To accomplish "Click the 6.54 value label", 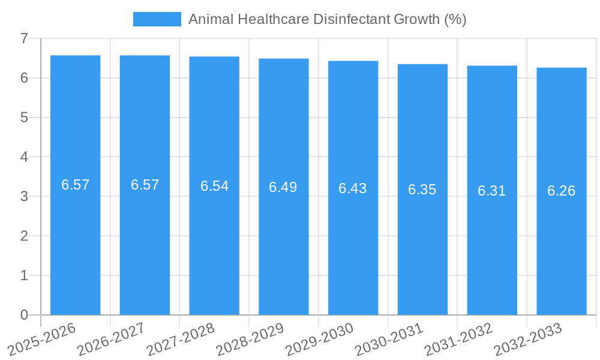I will pyautogui.click(x=214, y=186).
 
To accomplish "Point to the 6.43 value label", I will pyautogui.click(x=353, y=188).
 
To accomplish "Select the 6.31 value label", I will pyautogui.click(x=492, y=191).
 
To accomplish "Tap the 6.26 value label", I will pyautogui.click(x=562, y=191).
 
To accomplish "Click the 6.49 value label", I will pyautogui.click(x=283, y=187).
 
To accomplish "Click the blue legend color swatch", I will pyautogui.click(x=157, y=19).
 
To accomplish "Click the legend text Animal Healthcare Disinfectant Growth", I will pyautogui.click(x=328, y=19).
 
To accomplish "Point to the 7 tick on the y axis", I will pyautogui.click(x=24, y=38).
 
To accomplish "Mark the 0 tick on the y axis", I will pyautogui.click(x=24, y=315).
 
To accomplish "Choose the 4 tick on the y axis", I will pyautogui.click(x=24, y=157).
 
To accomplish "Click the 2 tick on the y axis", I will pyautogui.click(x=24, y=236).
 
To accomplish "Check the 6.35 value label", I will pyautogui.click(x=422, y=190).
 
